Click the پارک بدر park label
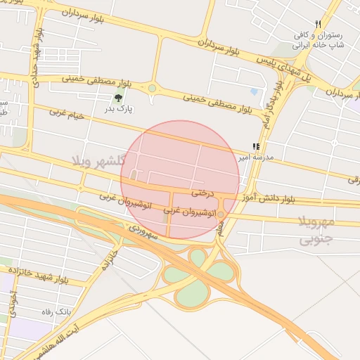coord(120,109)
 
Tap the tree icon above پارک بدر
coord(119,98)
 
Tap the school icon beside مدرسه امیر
coord(257,147)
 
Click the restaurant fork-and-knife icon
coord(319,24)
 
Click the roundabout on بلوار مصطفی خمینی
coord(152,89)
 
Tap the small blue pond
coord(253,91)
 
